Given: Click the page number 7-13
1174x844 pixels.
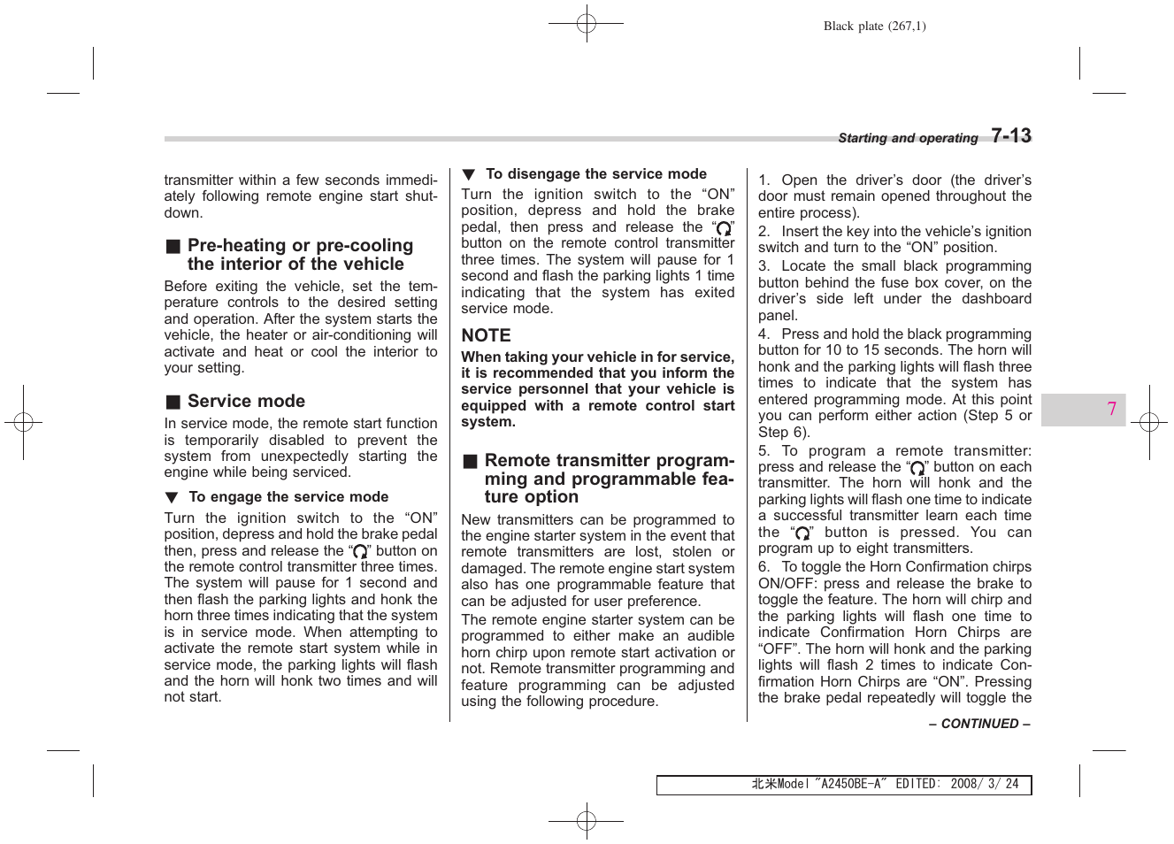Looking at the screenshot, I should [x=1010, y=136].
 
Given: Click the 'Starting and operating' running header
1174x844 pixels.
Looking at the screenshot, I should [x=907, y=138].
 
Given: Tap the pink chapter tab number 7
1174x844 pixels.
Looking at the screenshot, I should [x=1111, y=410].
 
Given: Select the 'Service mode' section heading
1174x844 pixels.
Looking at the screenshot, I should [x=246, y=402].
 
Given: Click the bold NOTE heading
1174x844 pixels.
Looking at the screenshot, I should [x=486, y=336].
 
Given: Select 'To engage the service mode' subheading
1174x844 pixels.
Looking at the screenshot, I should [x=288, y=497].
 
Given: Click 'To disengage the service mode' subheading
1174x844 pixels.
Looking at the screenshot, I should [x=595, y=174].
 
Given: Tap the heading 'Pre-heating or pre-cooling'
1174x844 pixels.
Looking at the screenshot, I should [x=300, y=246].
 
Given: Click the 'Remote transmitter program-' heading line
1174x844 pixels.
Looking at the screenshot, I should [x=609, y=461].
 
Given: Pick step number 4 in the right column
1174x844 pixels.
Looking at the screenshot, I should [x=763, y=334].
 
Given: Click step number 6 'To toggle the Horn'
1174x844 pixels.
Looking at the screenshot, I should [x=763, y=567].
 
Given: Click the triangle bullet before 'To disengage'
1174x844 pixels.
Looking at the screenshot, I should [x=468, y=175].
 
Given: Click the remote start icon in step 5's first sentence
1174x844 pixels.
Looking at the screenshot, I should [x=917, y=468].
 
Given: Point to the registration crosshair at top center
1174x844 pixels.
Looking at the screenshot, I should [x=586, y=24].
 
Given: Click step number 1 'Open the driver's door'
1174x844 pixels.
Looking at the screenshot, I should [x=763, y=180].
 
